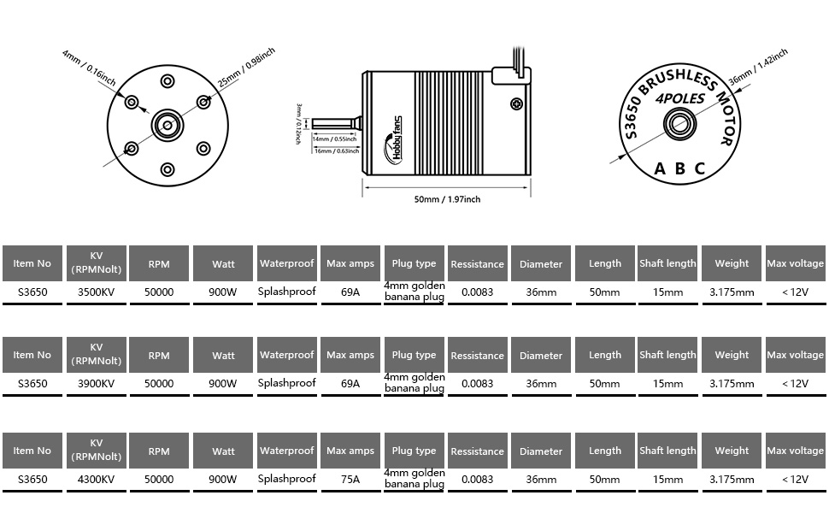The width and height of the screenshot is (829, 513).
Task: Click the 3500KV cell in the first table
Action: (96, 292)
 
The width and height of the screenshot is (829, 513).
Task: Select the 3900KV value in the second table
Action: (96, 384)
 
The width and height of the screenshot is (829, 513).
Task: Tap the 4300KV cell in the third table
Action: (96, 480)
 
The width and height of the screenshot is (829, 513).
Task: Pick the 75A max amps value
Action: (350, 480)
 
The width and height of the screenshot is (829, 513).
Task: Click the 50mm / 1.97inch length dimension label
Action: (447, 199)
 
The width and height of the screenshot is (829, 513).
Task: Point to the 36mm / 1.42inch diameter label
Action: (752, 67)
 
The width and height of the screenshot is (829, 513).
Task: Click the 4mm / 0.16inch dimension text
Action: (89, 67)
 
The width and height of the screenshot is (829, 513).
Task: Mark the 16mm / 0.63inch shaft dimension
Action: (335, 150)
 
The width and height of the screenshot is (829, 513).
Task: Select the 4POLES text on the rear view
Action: (680, 99)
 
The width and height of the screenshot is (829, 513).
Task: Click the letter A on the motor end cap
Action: (660, 169)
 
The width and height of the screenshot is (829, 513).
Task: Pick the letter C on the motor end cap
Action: (700, 169)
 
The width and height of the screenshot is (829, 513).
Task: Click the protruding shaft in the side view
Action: (338, 124)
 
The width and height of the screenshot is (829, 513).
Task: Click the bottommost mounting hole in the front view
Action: (168, 169)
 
